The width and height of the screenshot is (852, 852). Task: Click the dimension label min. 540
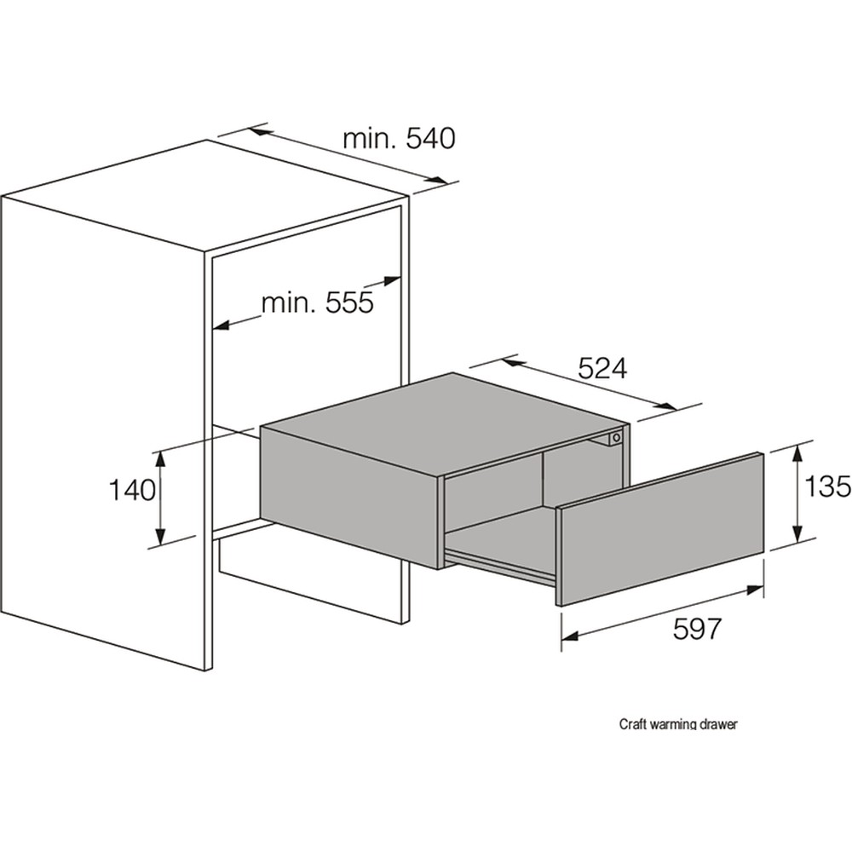pos(399,138)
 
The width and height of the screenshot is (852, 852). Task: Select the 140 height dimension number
pos(131,490)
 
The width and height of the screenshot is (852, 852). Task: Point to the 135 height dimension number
pos(827,486)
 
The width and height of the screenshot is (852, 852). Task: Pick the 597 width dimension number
pos(697,629)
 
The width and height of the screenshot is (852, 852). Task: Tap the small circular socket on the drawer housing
pos(614,439)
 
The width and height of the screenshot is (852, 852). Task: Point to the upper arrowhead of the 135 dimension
pos(797,450)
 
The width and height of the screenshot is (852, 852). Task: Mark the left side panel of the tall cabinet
pos(102,426)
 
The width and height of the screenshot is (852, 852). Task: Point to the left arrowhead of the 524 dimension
pos(510,361)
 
